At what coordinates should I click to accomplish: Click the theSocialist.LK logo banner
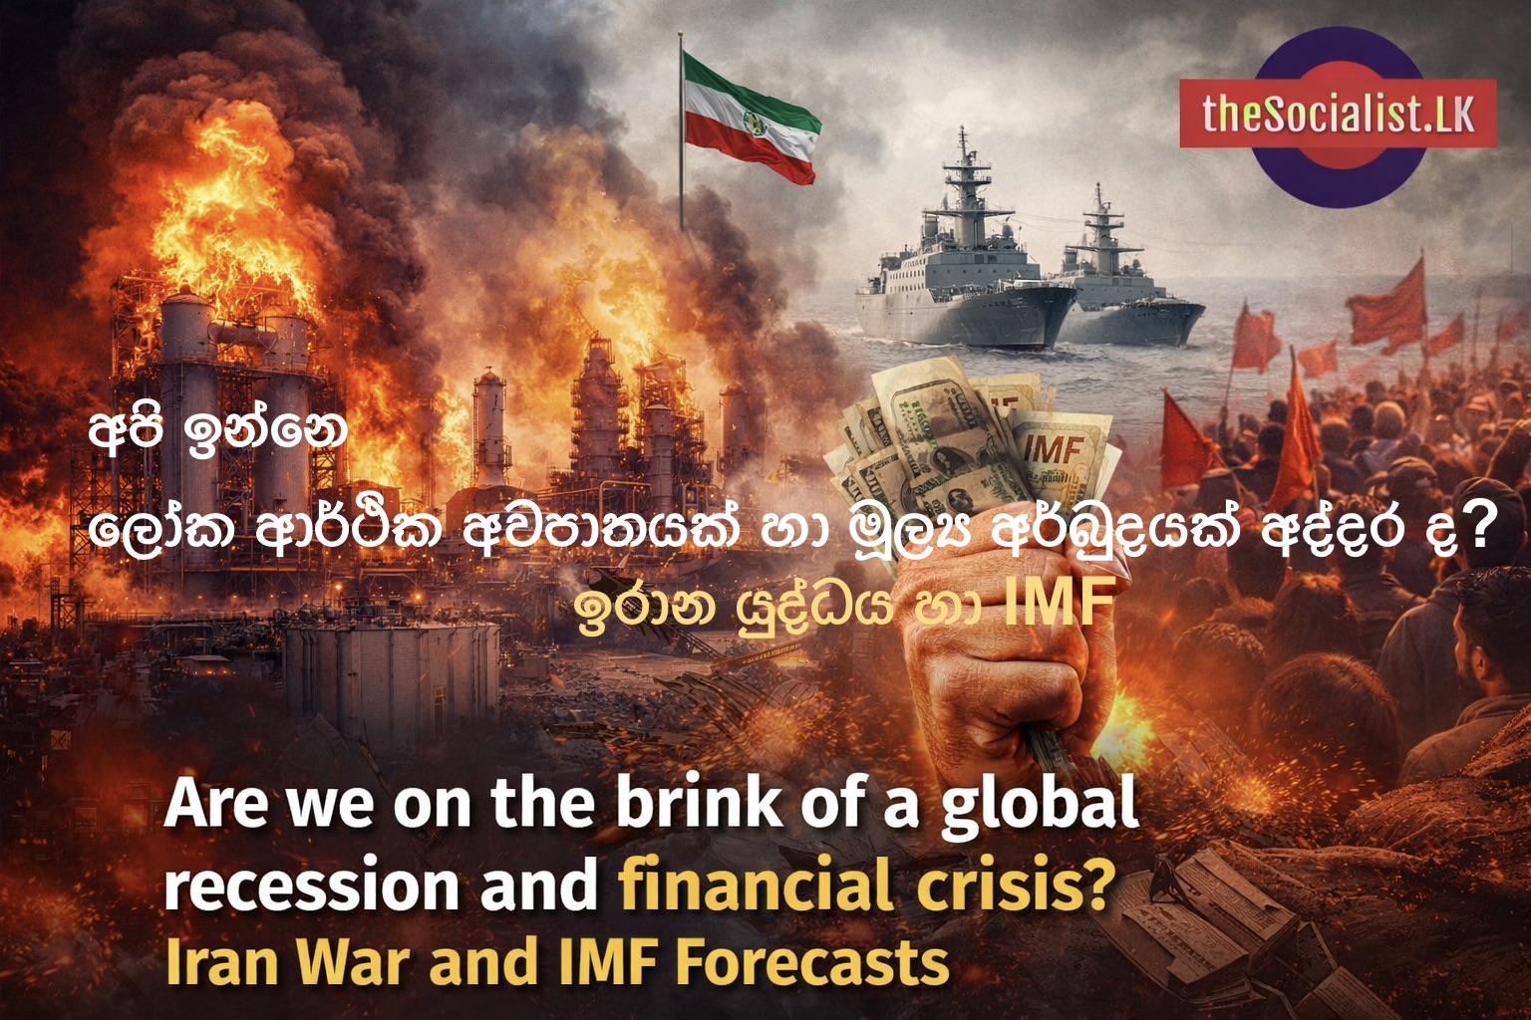1337,114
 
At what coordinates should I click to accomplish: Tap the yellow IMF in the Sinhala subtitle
1059,604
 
